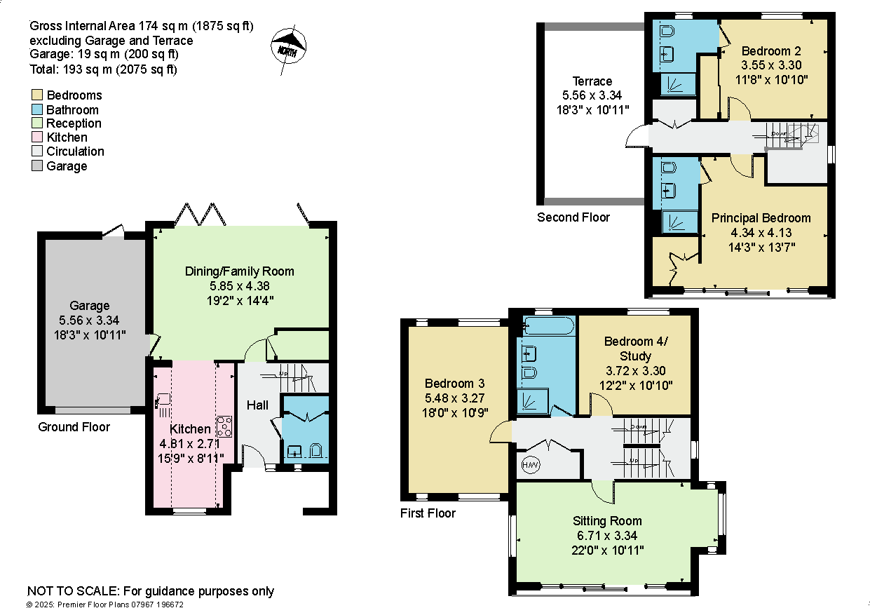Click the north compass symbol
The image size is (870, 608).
pos(287,49)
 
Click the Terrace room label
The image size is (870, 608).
pos(592,81)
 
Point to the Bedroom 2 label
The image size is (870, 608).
pos(771,51)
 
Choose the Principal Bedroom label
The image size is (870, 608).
pos(761,218)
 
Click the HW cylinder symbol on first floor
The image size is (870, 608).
pos(531,464)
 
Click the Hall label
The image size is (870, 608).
pos(257,405)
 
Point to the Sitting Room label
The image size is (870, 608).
pos(607,521)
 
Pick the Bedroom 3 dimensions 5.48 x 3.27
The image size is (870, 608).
pos(454,398)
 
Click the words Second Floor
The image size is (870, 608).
pos(573,217)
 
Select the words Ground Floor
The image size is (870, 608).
pos(74,427)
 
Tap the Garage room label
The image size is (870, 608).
pos(90,306)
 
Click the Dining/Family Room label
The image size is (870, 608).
pos(240,271)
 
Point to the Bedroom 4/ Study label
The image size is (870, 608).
pos(636,349)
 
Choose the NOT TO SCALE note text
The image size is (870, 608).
pos(151,591)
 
